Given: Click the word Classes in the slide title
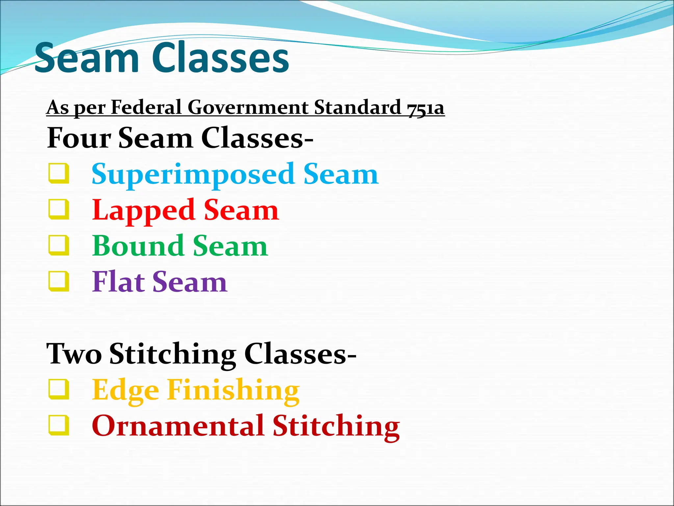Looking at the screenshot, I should point(220,58).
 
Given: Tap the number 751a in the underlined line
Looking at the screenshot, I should point(426,108).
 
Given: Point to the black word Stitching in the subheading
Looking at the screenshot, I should point(173,354).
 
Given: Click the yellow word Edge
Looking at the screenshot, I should point(126,391).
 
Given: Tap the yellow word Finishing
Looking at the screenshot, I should point(233,390).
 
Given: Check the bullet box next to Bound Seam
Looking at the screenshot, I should point(59,245).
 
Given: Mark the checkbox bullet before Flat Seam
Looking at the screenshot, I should point(59,281).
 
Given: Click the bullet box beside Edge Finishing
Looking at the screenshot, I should point(59,390).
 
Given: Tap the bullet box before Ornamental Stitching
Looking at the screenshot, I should point(59,426).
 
